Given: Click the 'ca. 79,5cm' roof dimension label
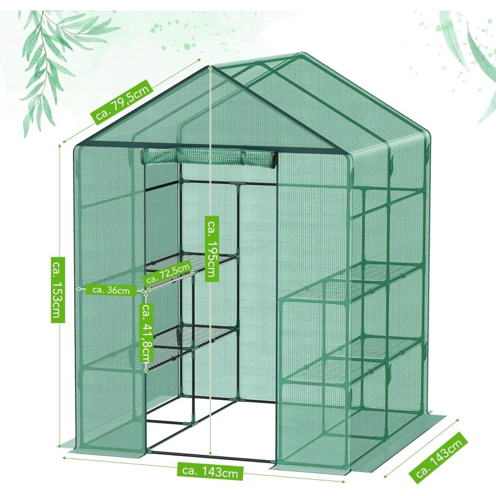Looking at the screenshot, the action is coord(122,100).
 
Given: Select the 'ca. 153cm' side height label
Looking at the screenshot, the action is coord(58,290).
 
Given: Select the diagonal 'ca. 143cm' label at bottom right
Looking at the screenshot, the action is coord(439,463).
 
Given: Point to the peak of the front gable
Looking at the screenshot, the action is coord(211,66).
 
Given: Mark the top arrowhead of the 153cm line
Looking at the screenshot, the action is coord(60,146).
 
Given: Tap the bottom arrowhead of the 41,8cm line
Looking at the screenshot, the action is coord(146,371).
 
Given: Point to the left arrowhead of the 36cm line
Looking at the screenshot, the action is coord(79,289).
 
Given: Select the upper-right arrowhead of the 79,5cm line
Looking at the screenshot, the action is coord(199,59).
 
